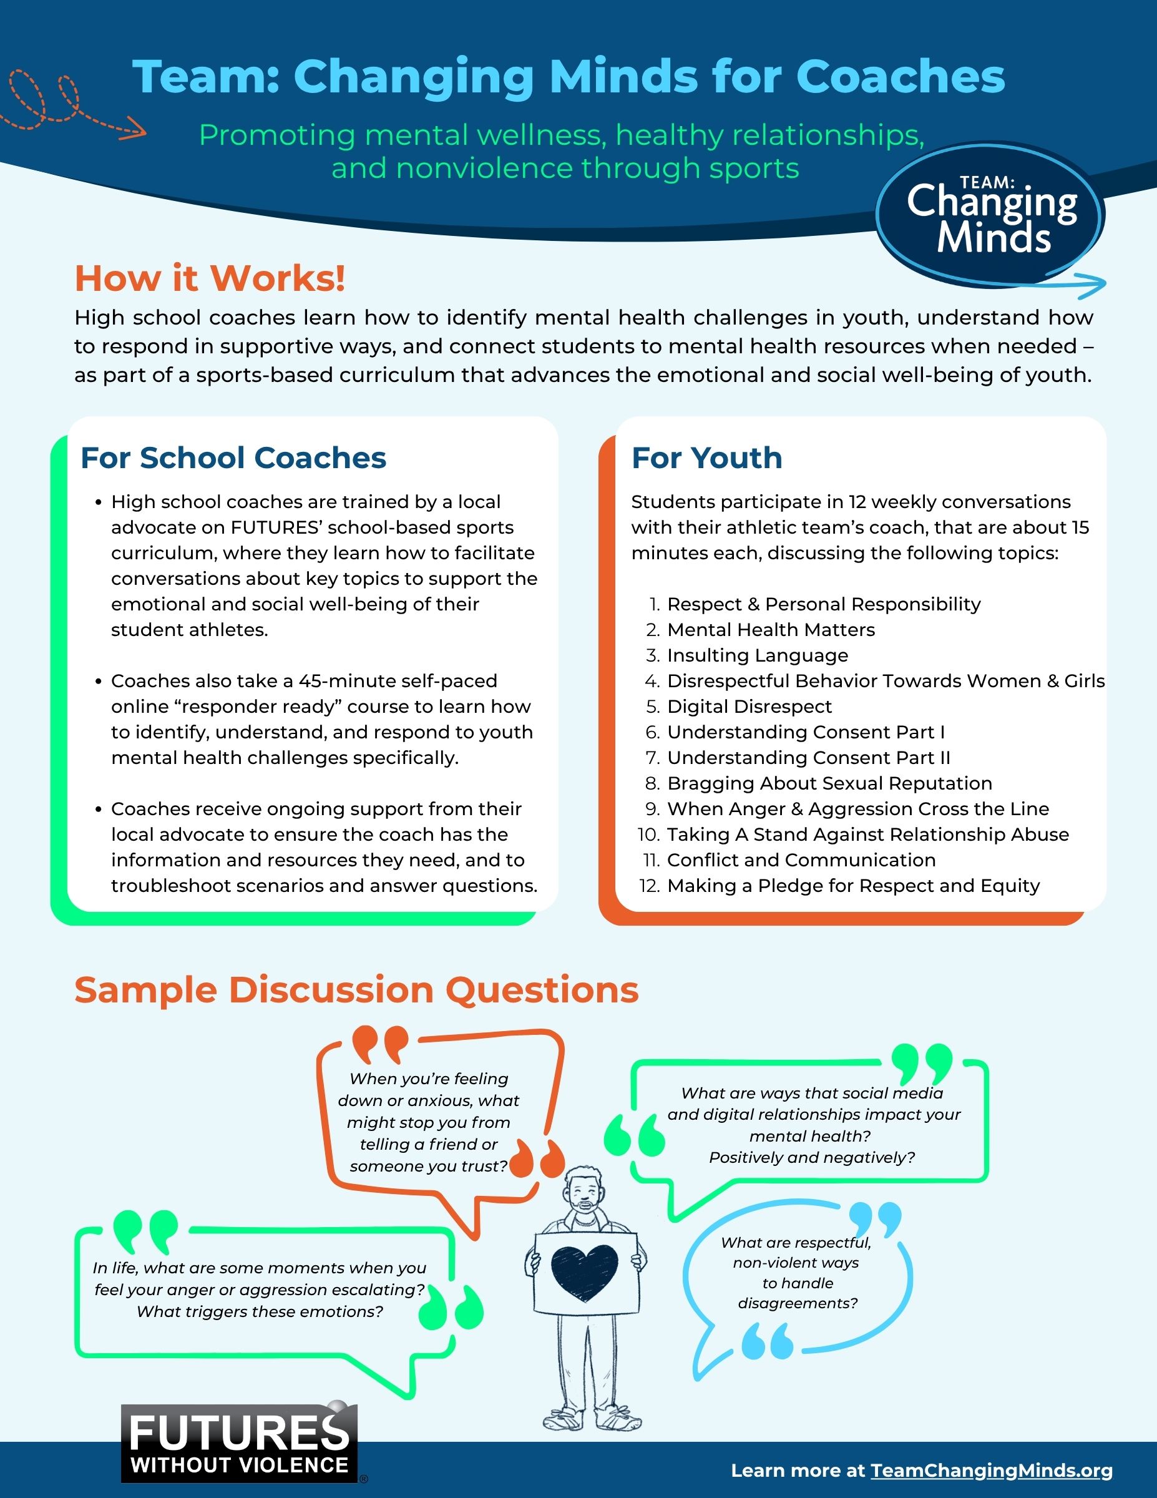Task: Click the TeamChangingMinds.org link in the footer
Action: pos(992,1471)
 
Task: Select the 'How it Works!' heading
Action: pos(210,278)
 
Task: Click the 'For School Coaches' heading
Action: pos(233,458)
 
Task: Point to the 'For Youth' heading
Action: pos(706,458)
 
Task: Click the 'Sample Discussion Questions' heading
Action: pos(356,991)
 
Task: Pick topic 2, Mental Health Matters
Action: pos(771,630)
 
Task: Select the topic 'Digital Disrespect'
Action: pos(749,707)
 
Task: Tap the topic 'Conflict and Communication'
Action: pos(801,860)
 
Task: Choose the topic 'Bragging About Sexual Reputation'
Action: pos(829,783)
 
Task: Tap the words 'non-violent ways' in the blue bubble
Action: pos(796,1263)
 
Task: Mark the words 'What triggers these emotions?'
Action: pos(260,1311)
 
